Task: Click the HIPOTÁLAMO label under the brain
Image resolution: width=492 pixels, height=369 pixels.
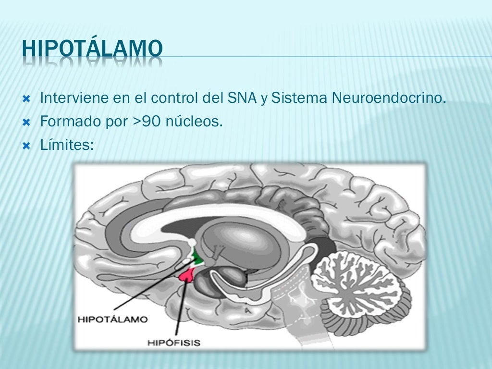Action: pos(113,319)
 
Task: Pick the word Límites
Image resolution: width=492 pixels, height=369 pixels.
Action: pos(67,144)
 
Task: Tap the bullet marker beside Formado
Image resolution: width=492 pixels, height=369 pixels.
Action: pos(27,122)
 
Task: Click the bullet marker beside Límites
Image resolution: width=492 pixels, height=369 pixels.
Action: pos(27,145)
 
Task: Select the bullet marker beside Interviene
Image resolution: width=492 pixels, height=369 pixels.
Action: pos(27,99)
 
